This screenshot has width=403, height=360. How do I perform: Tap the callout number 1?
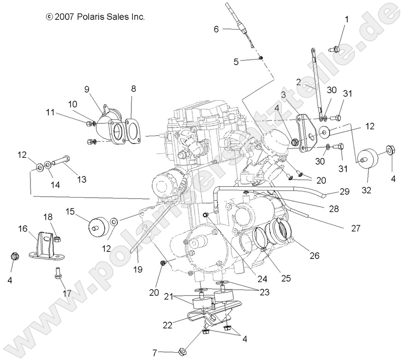tap(346, 19)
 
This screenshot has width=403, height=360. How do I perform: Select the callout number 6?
tap(216, 29)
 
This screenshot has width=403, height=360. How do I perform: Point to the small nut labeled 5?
tap(261, 57)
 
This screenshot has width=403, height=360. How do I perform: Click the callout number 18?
tap(48, 216)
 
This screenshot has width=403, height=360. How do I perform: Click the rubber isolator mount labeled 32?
tap(368, 159)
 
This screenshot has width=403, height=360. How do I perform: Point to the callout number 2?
tap(298, 83)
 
